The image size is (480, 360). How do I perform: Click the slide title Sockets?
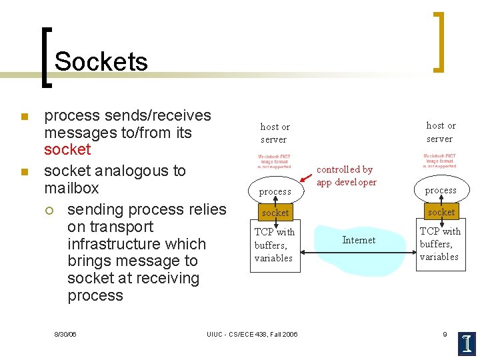(x=101, y=62)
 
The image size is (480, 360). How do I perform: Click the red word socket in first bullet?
(x=67, y=149)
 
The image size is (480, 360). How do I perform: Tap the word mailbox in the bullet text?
(x=71, y=188)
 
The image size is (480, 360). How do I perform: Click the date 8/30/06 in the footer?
(x=65, y=334)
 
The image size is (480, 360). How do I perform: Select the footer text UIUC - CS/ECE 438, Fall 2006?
(x=252, y=334)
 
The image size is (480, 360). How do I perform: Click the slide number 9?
(x=445, y=334)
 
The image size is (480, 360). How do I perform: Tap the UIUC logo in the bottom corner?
(x=467, y=343)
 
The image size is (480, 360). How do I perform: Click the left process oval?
(x=275, y=191)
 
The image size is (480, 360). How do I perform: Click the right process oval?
(x=441, y=190)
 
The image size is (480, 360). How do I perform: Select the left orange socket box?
(x=275, y=213)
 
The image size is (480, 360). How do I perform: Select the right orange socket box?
(x=441, y=212)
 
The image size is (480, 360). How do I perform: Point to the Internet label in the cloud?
(x=359, y=240)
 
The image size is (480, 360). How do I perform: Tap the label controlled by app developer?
(x=346, y=176)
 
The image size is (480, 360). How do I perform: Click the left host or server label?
(x=274, y=133)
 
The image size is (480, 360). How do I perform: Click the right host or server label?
(x=440, y=132)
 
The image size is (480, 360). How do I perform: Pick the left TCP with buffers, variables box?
(x=275, y=245)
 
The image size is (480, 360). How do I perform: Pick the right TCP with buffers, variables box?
(x=440, y=244)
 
